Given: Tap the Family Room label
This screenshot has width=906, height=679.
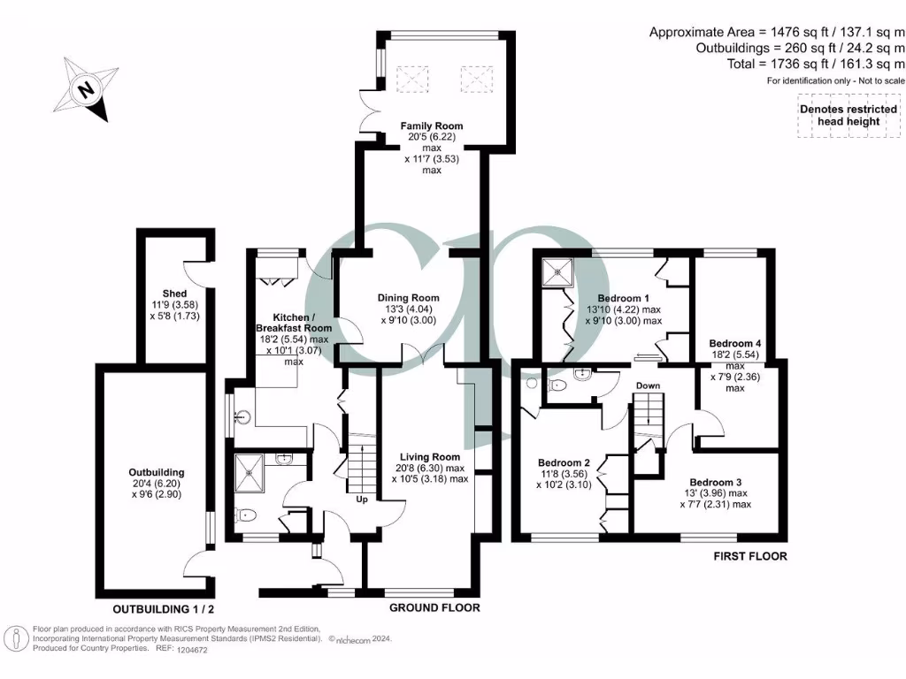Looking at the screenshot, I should click(x=431, y=126).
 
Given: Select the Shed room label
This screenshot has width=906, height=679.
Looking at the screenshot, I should click(x=174, y=294).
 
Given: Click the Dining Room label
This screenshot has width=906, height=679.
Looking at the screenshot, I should click(x=408, y=298).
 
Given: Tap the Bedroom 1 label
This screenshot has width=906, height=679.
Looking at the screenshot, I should click(x=624, y=298).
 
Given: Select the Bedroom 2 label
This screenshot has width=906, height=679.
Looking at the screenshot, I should click(x=564, y=462).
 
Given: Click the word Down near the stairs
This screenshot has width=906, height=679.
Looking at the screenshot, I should click(x=649, y=385).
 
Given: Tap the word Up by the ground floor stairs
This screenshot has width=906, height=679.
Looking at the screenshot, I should click(x=362, y=500).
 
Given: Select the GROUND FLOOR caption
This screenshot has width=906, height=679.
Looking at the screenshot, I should click(x=434, y=607).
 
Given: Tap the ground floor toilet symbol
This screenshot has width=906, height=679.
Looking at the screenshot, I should click(x=244, y=515).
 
